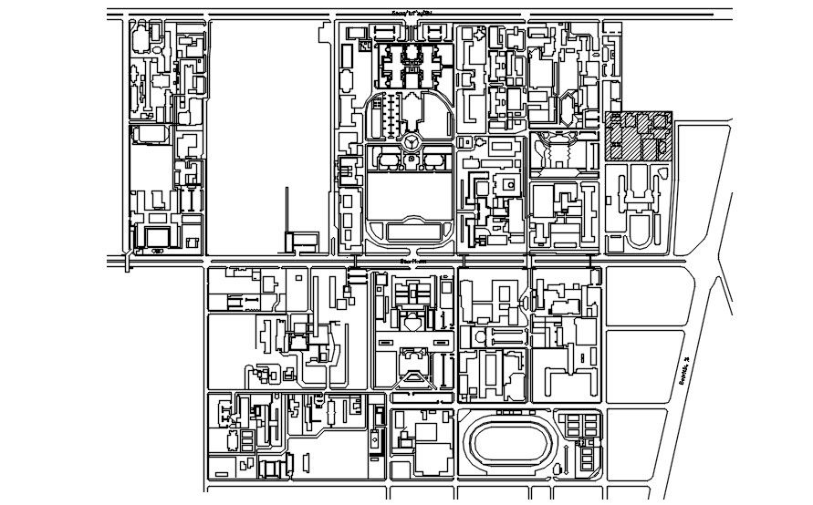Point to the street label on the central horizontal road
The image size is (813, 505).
pos(412,261)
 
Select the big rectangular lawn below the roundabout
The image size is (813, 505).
pos(410,196)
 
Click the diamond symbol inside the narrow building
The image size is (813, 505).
pos(375,438)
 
